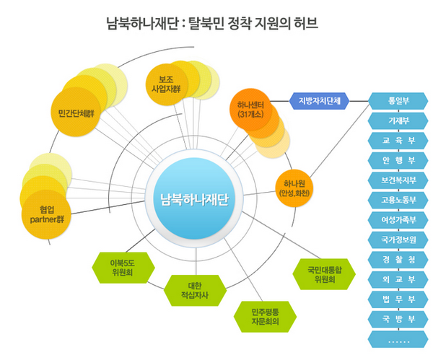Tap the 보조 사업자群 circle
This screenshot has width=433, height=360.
(x=168, y=85)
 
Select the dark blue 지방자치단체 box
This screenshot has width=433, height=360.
(x=320, y=100)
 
